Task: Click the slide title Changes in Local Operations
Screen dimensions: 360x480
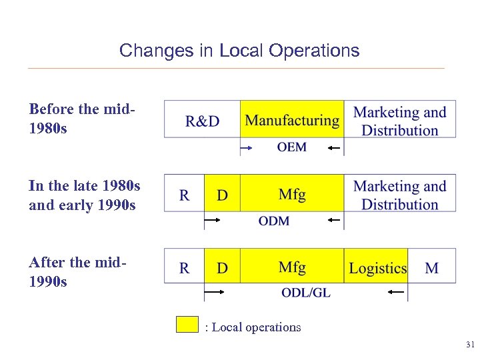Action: pyautogui.click(x=239, y=51)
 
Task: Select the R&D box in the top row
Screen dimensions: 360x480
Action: pyautogui.click(x=202, y=120)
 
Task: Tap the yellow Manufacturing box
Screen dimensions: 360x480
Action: pyautogui.click(x=292, y=120)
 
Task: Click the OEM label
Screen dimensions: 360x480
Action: pyautogui.click(x=292, y=147)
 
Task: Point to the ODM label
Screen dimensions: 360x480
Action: pyautogui.click(x=273, y=221)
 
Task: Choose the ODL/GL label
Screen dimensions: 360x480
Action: pyautogui.click(x=306, y=293)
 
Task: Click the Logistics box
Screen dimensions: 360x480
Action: pyautogui.click(x=377, y=268)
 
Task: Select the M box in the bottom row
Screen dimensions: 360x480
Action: pyautogui.click(x=432, y=268)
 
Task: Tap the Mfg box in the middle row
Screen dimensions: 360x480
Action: pyautogui.click(x=292, y=194)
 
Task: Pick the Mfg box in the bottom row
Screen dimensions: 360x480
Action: pyautogui.click(x=292, y=267)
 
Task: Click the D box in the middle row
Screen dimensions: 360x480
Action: pyautogui.click(x=222, y=195)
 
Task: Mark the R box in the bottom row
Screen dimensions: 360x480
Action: pyautogui.click(x=185, y=268)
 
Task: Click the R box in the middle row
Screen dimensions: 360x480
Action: pyautogui.click(x=185, y=195)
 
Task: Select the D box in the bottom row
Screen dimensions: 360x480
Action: pyautogui.click(x=222, y=268)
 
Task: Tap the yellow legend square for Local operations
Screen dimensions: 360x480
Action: pyautogui.click(x=187, y=324)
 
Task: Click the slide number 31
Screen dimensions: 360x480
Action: pyautogui.click(x=469, y=345)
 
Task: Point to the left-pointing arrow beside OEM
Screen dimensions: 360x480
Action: pyautogui.click(x=334, y=147)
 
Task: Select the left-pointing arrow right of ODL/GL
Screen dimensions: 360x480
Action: pyautogui.click(x=397, y=292)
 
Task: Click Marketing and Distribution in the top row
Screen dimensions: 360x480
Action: pyautogui.click(x=400, y=121)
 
